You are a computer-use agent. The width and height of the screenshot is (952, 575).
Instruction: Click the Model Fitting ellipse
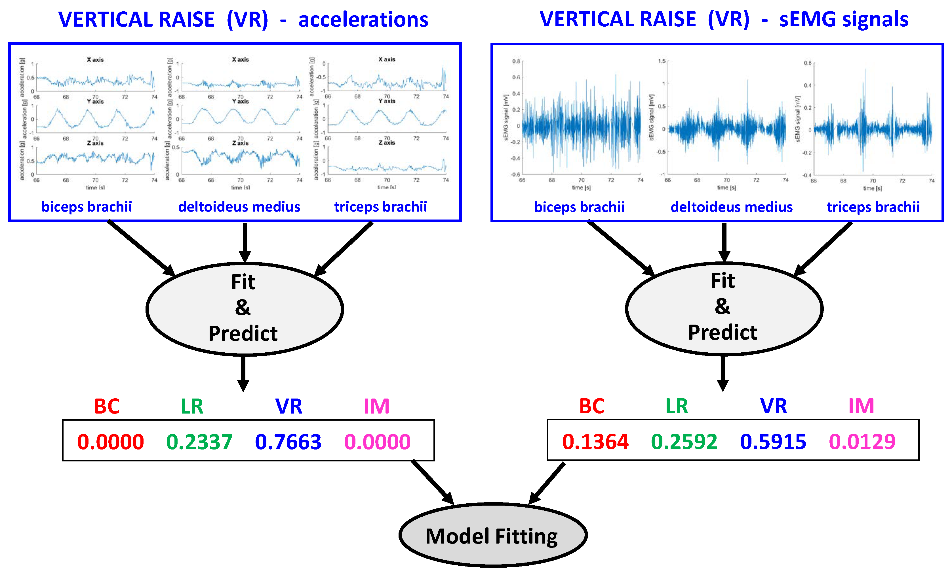pyautogui.click(x=493, y=535)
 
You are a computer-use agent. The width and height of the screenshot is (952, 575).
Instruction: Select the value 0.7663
pyautogui.click(x=288, y=442)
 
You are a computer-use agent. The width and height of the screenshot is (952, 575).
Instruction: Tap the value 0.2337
pyautogui.click(x=199, y=442)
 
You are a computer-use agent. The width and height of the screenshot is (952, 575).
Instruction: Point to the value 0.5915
pyautogui.click(x=773, y=442)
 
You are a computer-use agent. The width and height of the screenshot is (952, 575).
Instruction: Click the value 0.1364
pyautogui.click(x=595, y=442)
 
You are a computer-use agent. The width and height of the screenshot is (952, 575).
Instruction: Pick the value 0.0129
pyautogui.click(x=862, y=442)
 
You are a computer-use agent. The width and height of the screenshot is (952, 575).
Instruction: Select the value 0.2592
pyautogui.click(x=684, y=442)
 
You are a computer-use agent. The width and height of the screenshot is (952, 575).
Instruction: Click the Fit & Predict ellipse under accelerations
pyautogui.click(x=244, y=309)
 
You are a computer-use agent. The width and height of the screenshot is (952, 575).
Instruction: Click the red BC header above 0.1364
pyautogui.click(x=591, y=406)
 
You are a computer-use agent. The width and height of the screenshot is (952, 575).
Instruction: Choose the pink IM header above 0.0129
pyautogui.click(x=861, y=406)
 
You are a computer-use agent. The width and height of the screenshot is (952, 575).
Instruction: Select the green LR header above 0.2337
pyautogui.click(x=192, y=406)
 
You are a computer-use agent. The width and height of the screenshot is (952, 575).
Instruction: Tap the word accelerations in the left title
pyautogui.click(x=363, y=19)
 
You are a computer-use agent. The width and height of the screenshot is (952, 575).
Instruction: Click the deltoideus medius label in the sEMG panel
pyautogui.click(x=731, y=207)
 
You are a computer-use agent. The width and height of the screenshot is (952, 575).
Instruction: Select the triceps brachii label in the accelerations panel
pyautogui.click(x=381, y=207)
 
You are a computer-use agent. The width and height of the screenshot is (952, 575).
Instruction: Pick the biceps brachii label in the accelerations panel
pyautogui.click(x=87, y=207)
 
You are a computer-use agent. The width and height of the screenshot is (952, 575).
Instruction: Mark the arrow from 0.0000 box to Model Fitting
pyautogui.click(x=433, y=482)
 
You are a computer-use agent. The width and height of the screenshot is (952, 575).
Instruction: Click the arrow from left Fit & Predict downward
pyautogui.click(x=243, y=372)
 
